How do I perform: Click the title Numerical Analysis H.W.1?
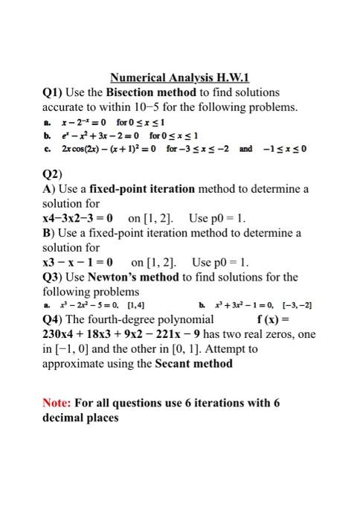(x=179, y=77)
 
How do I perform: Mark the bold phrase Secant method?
(x=195, y=365)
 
